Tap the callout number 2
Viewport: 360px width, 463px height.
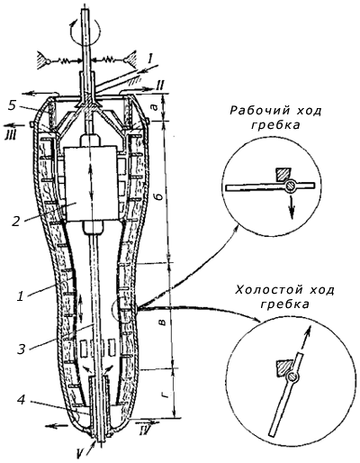(x=16, y=221)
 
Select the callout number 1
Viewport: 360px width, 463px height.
(x=20, y=296)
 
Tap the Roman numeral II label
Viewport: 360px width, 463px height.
(x=160, y=87)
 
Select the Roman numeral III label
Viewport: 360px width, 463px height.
(x=9, y=133)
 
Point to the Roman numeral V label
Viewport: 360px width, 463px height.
(x=77, y=454)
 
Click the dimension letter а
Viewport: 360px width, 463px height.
(x=161, y=106)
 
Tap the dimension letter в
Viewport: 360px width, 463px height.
(x=161, y=322)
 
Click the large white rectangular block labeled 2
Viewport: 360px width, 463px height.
(x=92, y=184)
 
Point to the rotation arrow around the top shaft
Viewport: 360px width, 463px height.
(x=85, y=30)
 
